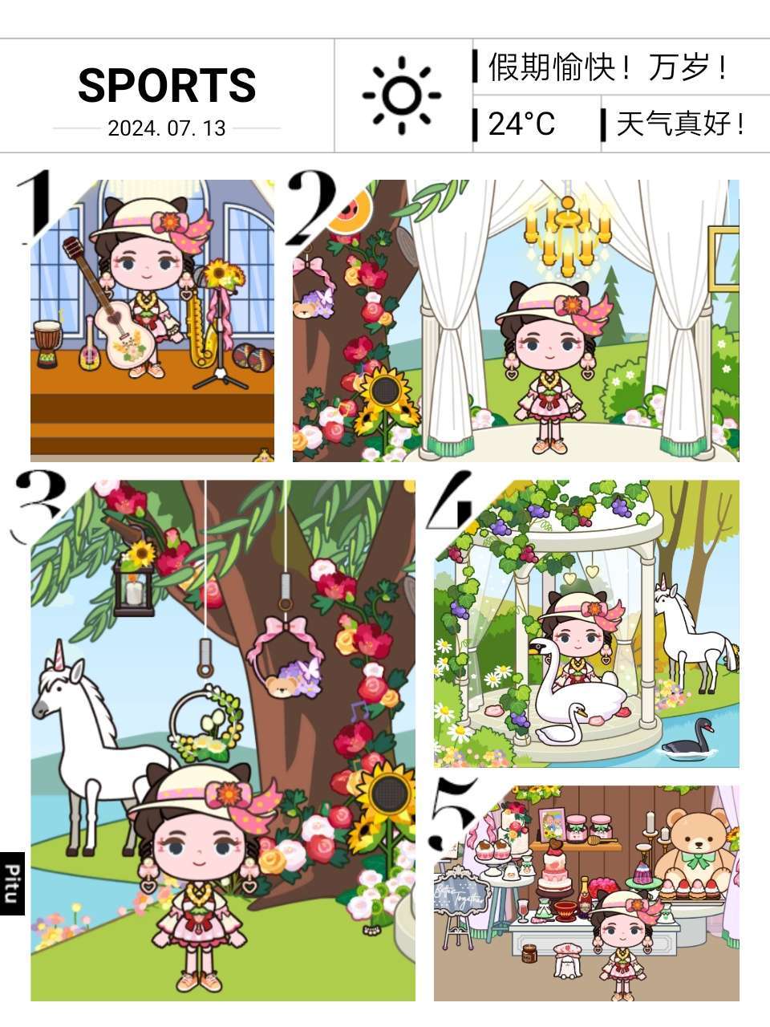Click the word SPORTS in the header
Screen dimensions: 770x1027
[167, 85]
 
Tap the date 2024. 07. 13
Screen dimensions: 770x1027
[167, 128]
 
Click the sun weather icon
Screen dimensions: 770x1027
[402, 95]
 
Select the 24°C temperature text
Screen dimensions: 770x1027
[521, 124]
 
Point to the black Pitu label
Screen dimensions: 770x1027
[12, 883]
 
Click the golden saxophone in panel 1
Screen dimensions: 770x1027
[202, 327]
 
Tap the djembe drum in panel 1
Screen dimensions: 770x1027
[47, 343]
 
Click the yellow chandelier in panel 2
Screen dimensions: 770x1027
[568, 236]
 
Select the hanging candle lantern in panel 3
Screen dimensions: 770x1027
[134, 587]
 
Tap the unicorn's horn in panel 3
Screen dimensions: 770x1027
[59, 655]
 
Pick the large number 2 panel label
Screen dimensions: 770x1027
[312, 207]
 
